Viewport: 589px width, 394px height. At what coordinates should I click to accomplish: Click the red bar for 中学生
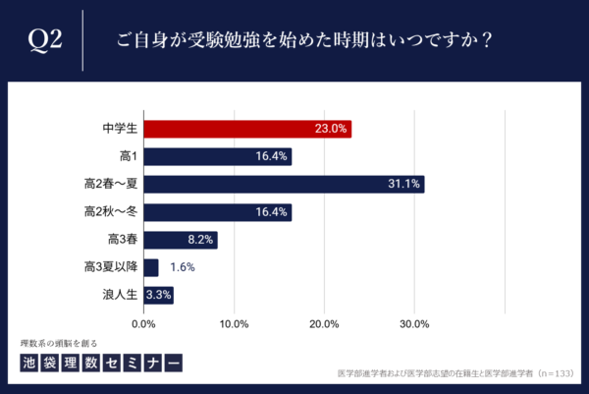tap(247, 129)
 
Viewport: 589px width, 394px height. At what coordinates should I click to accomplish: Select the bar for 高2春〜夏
tap(284, 184)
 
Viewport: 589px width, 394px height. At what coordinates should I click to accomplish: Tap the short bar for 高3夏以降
tap(151, 267)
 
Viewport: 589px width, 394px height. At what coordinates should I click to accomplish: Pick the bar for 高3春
tap(181, 240)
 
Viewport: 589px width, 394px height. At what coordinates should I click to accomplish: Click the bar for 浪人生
tap(159, 295)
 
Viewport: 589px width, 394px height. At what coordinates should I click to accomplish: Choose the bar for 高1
tap(218, 156)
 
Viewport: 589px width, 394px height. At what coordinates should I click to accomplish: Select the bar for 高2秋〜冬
tap(218, 212)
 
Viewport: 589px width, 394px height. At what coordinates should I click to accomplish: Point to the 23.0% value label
tap(331, 129)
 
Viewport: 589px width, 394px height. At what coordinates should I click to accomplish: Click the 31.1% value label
tap(403, 185)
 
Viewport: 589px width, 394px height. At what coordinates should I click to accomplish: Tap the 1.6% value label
tap(182, 267)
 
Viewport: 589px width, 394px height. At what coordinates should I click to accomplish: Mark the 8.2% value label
tap(199, 240)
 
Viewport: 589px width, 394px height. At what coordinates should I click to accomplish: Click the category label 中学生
tap(118, 129)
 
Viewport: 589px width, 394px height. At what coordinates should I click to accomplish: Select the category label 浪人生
tap(118, 295)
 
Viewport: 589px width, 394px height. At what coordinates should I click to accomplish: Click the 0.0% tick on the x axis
tap(144, 323)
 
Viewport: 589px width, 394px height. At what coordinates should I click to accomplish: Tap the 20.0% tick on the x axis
tap(324, 323)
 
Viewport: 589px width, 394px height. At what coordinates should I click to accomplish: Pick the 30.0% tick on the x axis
tap(414, 323)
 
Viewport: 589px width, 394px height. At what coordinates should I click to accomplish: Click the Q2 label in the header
tap(46, 40)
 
